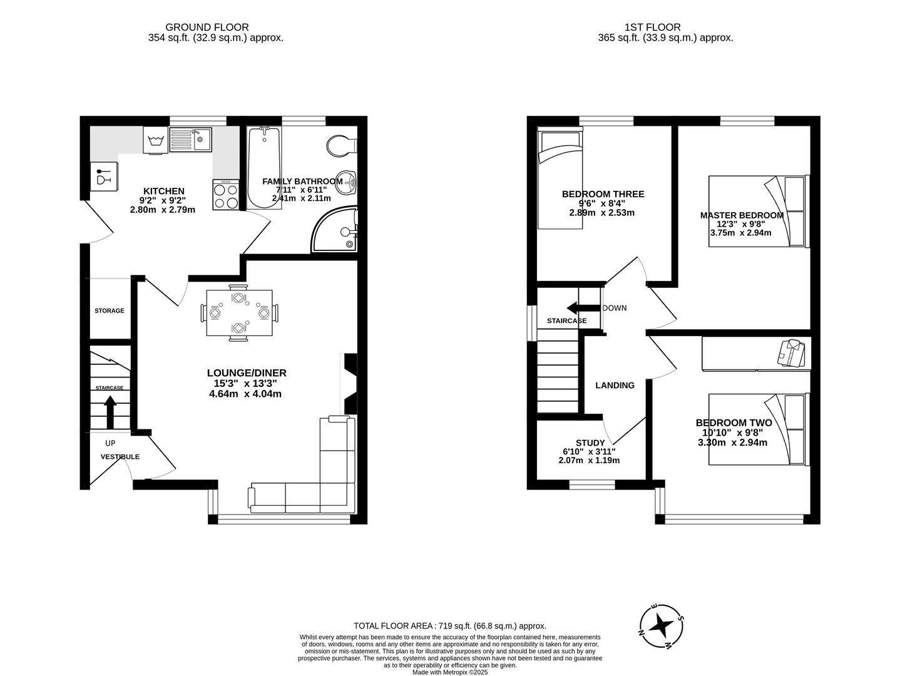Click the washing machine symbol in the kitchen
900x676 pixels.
(x=156, y=140)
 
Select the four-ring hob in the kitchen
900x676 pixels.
(x=225, y=195)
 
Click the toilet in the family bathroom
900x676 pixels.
(x=340, y=145)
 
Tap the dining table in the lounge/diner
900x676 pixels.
(x=240, y=312)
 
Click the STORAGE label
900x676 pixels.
(x=110, y=311)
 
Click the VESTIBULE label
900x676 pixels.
(x=120, y=457)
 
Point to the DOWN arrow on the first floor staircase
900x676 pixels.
(x=580, y=308)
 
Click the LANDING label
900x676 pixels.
(x=615, y=386)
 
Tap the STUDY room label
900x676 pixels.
(x=590, y=443)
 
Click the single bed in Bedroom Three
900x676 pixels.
(x=561, y=177)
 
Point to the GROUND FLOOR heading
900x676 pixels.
(x=207, y=28)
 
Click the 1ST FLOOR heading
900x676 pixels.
(x=653, y=28)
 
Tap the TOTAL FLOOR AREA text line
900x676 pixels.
(x=450, y=625)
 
